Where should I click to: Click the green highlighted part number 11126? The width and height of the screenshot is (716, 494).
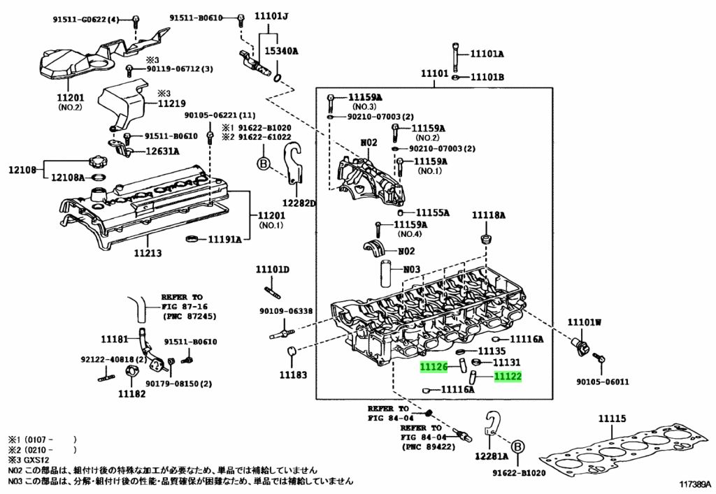434,367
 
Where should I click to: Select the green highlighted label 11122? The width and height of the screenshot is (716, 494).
508,377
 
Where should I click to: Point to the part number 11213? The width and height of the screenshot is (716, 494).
148,253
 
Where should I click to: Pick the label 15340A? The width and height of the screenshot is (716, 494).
281,50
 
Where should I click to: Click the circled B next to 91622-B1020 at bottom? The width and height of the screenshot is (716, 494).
517,447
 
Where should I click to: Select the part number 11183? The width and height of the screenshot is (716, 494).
293,375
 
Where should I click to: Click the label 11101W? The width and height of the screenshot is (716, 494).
584,323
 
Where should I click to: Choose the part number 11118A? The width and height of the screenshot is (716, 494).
488,215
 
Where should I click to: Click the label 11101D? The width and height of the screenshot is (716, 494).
272,270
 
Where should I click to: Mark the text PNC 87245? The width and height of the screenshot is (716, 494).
189,316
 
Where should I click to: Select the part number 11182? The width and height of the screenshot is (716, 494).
131,393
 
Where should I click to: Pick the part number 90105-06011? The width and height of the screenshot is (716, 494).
602,382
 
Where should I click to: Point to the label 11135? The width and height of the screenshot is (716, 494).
492,351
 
